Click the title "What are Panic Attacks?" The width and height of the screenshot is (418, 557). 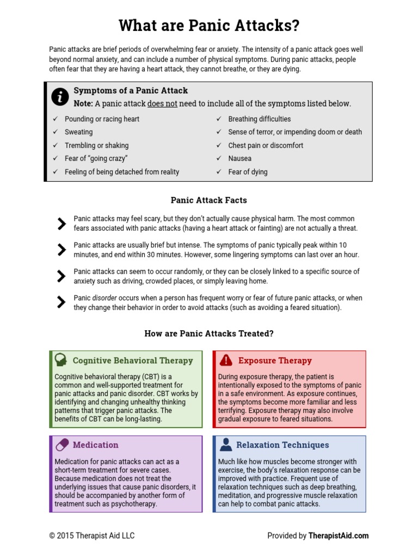209,26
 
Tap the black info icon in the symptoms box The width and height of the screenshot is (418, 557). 59,97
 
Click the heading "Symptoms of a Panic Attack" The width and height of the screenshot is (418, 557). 131,90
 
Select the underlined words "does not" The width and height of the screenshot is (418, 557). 162,103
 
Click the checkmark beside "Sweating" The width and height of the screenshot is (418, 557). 55,132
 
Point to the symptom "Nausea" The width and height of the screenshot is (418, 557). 240,159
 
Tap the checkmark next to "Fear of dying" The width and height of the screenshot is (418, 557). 219,172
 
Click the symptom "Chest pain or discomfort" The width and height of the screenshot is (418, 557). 266,145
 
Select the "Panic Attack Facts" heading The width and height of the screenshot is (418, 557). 209,200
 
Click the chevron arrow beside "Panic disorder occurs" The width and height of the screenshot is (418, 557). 61,302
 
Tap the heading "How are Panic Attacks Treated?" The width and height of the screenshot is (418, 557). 209,333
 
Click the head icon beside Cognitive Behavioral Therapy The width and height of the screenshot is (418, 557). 61,360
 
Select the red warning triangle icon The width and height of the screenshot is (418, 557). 225,360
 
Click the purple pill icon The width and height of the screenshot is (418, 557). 62,444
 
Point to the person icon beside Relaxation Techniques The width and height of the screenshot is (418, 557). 225,444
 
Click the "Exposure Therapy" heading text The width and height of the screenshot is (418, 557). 275,360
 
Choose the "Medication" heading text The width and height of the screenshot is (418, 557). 95,445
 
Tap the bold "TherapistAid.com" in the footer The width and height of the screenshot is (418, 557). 339,536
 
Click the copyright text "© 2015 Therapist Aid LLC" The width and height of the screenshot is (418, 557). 92,536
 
